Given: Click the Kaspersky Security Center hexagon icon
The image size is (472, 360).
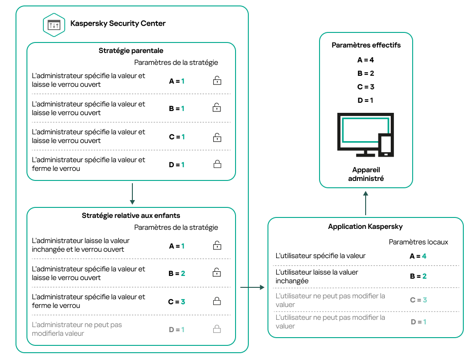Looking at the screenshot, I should click(54, 25).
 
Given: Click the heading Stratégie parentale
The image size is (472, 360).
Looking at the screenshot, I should click(131, 51).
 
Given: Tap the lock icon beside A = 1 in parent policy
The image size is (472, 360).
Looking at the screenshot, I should click(217, 81).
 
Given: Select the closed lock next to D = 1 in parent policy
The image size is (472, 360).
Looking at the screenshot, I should click(217, 164).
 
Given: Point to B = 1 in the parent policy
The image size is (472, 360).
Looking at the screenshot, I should click(177, 109).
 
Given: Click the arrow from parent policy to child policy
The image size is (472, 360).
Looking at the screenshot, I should click(132, 194).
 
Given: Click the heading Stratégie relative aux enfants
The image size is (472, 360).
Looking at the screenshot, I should click(131, 216).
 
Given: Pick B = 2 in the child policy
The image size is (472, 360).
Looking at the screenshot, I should click(177, 274).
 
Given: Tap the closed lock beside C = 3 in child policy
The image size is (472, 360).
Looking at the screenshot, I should click(217, 302).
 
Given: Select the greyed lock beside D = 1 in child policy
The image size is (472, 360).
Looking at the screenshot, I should click(217, 329).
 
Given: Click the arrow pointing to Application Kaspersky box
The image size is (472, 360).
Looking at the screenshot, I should click(252, 287).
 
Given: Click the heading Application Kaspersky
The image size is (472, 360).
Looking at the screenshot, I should click(365, 227).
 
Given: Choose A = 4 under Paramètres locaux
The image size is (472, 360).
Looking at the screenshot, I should click(418, 256).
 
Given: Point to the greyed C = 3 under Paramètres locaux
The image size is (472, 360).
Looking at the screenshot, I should click(418, 300).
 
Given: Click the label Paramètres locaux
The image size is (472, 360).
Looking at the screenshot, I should click(418, 242).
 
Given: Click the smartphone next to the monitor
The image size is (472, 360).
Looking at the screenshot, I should click(386, 145).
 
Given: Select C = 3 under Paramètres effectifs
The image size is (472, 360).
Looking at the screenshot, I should click(366, 87).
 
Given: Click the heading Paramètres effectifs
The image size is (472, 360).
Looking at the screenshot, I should click(366, 45).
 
